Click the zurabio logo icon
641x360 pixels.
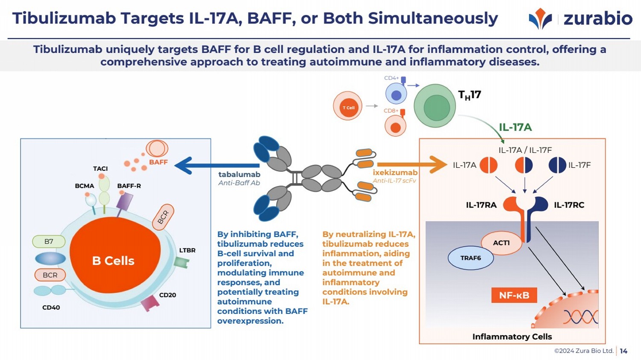pyautogui.click(x=540, y=19)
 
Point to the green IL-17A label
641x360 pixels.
pyautogui.click(x=515, y=127)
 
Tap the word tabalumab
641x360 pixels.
pyautogui.click(x=239, y=174)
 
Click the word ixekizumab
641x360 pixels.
pyautogui.click(x=395, y=173)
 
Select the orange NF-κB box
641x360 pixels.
pyautogui.click(x=514, y=295)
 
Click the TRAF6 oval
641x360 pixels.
pyautogui.click(x=470, y=258)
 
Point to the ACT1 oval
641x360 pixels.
pyautogui.click(x=501, y=243)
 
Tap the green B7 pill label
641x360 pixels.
pyautogui.click(x=49, y=242)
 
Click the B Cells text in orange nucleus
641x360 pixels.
pyautogui.click(x=113, y=261)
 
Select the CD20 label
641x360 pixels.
pyautogui.click(x=168, y=295)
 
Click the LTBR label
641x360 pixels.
pyautogui.click(x=187, y=250)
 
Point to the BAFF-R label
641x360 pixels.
pyautogui.click(x=129, y=186)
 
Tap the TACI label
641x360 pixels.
pyautogui.click(x=100, y=169)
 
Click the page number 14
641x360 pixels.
pyautogui.click(x=623, y=351)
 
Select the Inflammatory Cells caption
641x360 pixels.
pyautogui.click(x=512, y=337)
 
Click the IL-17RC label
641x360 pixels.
pyautogui.click(x=569, y=205)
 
